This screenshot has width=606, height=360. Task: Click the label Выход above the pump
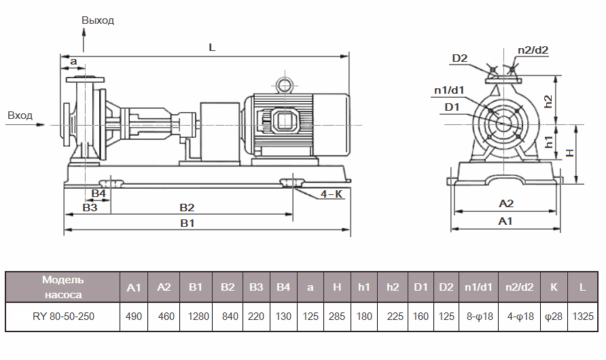[x=98, y=20]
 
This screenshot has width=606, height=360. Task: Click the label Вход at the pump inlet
[x=20, y=115]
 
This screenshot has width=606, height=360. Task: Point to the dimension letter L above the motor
[x=212, y=48]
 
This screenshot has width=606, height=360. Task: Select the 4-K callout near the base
[x=331, y=194]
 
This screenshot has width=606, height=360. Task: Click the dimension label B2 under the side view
[x=187, y=207]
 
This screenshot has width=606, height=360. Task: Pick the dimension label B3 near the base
[x=90, y=207]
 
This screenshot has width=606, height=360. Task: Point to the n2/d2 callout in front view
[x=533, y=50]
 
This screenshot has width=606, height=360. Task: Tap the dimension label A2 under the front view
[x=506, y=203]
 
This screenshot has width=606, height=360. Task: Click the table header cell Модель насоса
[x=63, y=287]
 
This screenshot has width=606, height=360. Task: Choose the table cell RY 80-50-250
[x=63, y=317]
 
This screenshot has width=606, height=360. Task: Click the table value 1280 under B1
[x=196, y=317]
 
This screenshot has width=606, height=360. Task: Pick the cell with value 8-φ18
[x=479, y=317]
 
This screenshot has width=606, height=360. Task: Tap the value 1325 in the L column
[x=582, y=317]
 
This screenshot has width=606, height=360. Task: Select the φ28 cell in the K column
[x=554, y=317]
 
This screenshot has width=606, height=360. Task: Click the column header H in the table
[x=337, y=287]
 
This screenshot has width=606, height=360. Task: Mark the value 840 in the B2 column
[x=228, y=317]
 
